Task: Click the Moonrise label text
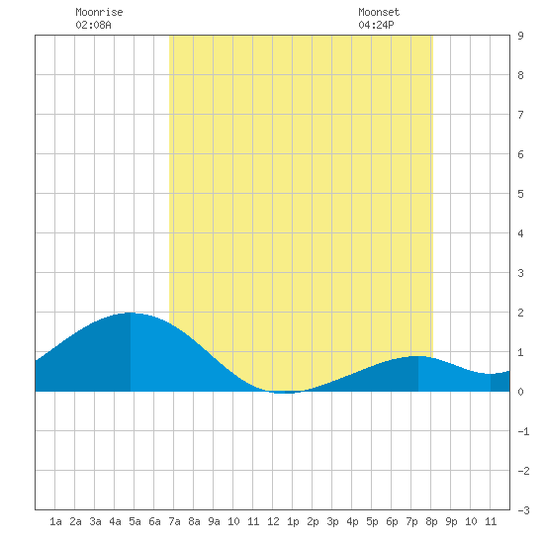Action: (99, 12)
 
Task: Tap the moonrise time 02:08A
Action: (93, 25)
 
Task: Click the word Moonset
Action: (379, 12)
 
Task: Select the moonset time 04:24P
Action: (376, 25)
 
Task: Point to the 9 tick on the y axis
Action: (520, 36)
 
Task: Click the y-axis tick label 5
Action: (520, 194)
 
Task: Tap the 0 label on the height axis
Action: (520, 392)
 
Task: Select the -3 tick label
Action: (523, 510)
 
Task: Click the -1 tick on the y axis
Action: (523, 431)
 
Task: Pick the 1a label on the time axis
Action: (55, 521)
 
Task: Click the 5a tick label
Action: (135, 521)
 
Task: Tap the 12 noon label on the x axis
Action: (273, 521)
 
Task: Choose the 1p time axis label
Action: (293, 521)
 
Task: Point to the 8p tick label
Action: (431, 521)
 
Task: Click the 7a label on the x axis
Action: (174, 521)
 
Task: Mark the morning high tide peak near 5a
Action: (131, 313)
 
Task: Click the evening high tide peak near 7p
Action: (418, 356)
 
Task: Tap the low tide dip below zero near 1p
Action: (285, 393)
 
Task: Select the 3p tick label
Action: (332, 521)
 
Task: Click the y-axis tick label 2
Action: (520, 313)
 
